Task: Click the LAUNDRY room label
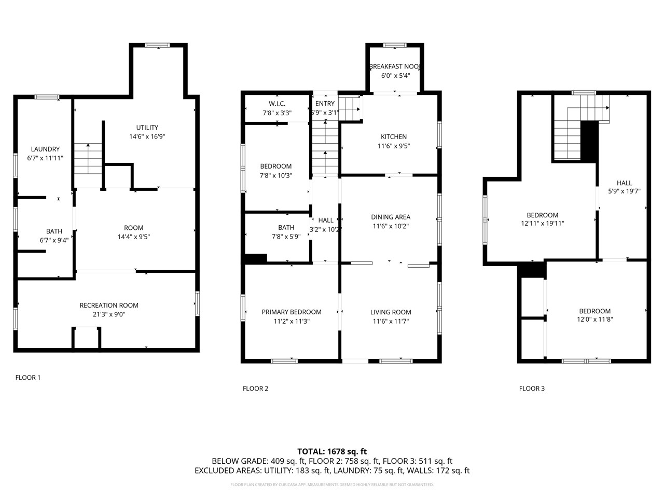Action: point(45,149)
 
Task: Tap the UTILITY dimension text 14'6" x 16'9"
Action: point(147,137)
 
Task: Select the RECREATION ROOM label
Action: point(109,306)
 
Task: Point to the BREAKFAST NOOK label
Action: point(394,66)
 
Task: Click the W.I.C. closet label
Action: point(277,104)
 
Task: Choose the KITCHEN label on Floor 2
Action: point(394,137)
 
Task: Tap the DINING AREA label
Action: point(391,217)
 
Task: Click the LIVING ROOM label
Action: point(391,312)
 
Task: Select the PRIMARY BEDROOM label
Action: point(292,312)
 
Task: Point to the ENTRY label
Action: point(325,104)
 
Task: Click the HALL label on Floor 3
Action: point(624,183)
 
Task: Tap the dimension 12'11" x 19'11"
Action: point(543,224)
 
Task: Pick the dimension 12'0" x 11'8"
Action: point(595,320)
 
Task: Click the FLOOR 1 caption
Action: point(28,378)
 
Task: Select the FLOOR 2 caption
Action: point(256,389)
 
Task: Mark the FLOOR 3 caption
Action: point(532,389)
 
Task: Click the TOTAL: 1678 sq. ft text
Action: point(332,451)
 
